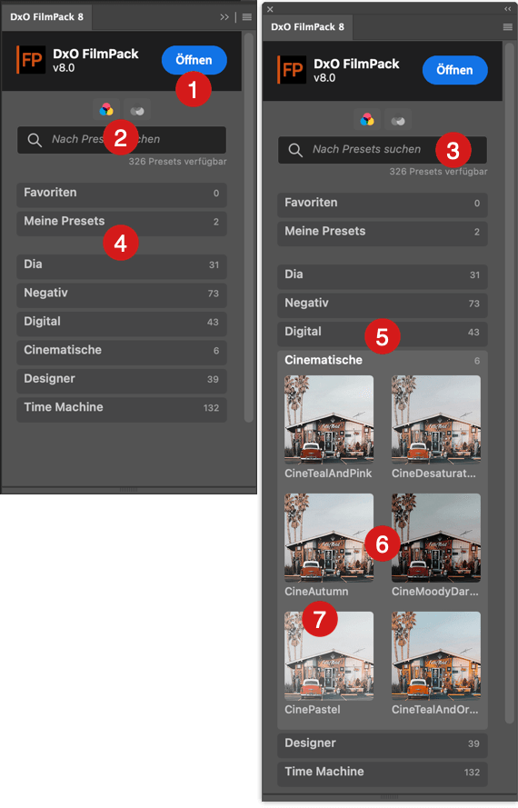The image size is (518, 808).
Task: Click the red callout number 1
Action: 194,89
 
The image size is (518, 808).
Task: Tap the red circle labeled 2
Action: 121,137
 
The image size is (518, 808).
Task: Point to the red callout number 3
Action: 453,151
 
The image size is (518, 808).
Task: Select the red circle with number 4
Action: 121,243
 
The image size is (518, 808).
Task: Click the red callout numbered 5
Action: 382,336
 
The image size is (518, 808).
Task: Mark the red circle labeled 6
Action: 382,544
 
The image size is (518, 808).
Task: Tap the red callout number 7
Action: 320,619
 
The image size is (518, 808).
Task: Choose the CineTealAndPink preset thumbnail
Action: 329,420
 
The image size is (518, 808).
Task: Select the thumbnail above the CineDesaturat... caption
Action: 436,420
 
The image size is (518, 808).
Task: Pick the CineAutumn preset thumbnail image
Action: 329,537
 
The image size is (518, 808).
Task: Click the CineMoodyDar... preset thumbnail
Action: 436,537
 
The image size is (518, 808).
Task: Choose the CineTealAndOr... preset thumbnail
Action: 436,655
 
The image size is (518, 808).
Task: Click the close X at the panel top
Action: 270,9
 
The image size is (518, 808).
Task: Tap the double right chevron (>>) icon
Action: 224,17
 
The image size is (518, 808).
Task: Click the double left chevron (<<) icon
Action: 508,9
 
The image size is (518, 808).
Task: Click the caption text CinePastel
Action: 313,710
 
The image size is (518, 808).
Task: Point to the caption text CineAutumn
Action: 316,592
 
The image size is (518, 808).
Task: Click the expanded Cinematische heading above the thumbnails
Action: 324,360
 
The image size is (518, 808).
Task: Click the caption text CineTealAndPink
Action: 328,473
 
